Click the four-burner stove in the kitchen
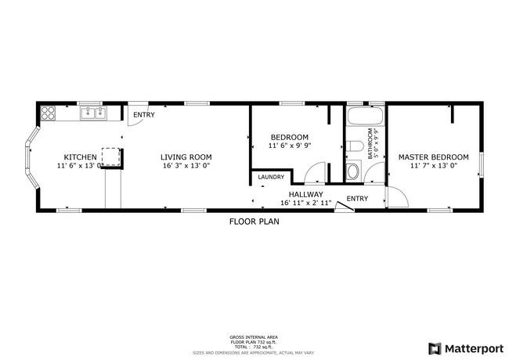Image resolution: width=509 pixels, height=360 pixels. click(48, 112)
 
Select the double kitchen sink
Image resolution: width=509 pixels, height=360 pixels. click(94, 113)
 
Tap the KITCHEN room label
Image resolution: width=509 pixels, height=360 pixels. click(80, 157)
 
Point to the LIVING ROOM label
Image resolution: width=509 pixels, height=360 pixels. click(186, 157)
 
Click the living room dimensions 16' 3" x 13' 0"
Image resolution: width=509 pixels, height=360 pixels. click(186, 166)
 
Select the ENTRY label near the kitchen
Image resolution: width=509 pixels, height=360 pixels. click(143, 115)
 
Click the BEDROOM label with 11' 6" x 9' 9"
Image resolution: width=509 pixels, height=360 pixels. click(289, 137)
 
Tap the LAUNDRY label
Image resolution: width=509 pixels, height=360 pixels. click(271, 178)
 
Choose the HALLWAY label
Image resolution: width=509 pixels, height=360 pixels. click(305, 194)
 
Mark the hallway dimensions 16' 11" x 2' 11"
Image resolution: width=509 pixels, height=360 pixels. click(305, 203)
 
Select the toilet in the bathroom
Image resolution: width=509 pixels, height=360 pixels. click(354, 146)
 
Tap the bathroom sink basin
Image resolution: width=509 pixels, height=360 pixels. click(353, 171)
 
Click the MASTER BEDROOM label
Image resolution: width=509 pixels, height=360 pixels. click(433, 157)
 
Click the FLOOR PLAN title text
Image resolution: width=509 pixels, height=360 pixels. click(254, 221)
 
